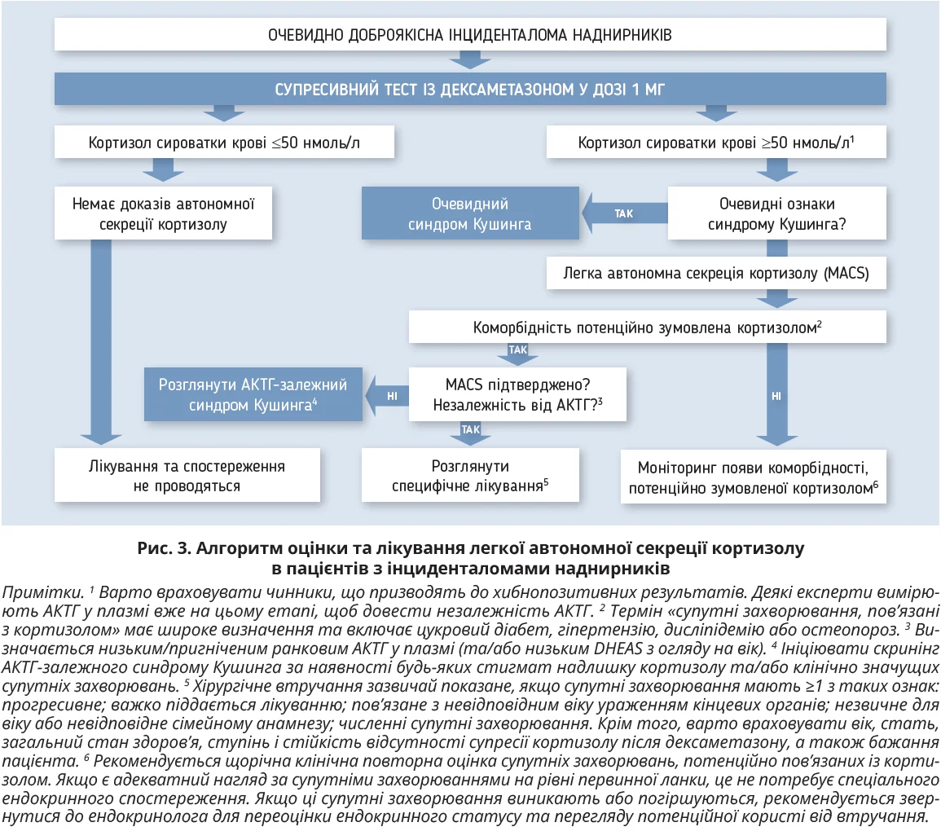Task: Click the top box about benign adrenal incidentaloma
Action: point(470,35)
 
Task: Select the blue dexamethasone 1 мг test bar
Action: point(470,89)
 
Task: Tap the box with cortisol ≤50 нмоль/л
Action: point(224,143)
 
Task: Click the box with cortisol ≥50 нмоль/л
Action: point(715,143)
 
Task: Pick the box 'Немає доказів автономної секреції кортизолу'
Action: point(162,214)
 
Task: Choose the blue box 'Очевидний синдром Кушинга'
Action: point(469,214)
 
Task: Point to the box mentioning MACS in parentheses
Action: point(716,274)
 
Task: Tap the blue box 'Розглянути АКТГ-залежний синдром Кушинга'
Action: point(253,394)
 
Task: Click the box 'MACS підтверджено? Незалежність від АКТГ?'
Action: point(517,394)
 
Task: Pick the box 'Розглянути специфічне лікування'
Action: point(470,476)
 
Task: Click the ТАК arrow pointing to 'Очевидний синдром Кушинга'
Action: point(623,213)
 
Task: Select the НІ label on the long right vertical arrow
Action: point(776,396)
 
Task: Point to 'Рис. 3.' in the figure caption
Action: point(162,548)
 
